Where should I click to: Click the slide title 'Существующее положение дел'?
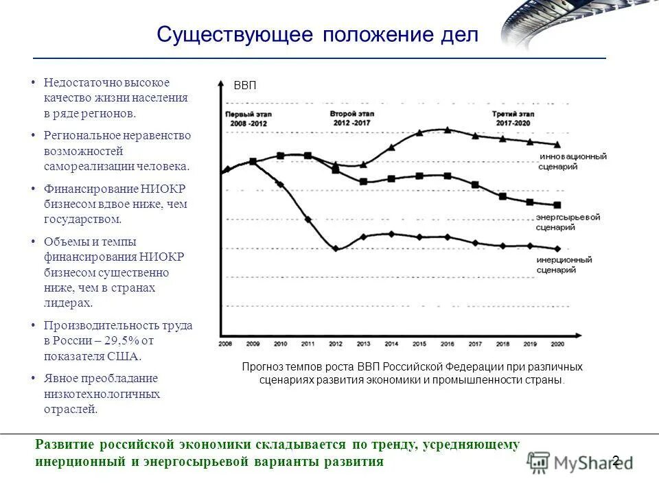tap(317, 34)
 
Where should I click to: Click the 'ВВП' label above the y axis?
tap(244, 86)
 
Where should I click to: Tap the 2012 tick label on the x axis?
tap(336, 343)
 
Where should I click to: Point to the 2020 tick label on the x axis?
tap(556, 343)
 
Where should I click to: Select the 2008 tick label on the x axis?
tap(226, 343)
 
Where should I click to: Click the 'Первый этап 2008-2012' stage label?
tap(248, 118)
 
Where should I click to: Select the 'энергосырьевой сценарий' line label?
tap(568, 222)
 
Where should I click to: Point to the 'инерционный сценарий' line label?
tap(565, 265)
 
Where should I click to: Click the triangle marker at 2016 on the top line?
tap(448, 129)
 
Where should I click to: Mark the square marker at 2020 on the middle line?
tap(557, 204)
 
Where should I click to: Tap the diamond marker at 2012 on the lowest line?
tap(336, 248)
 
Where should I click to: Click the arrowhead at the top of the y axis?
tap(220, 84)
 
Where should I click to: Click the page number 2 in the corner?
tap(616, 460)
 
